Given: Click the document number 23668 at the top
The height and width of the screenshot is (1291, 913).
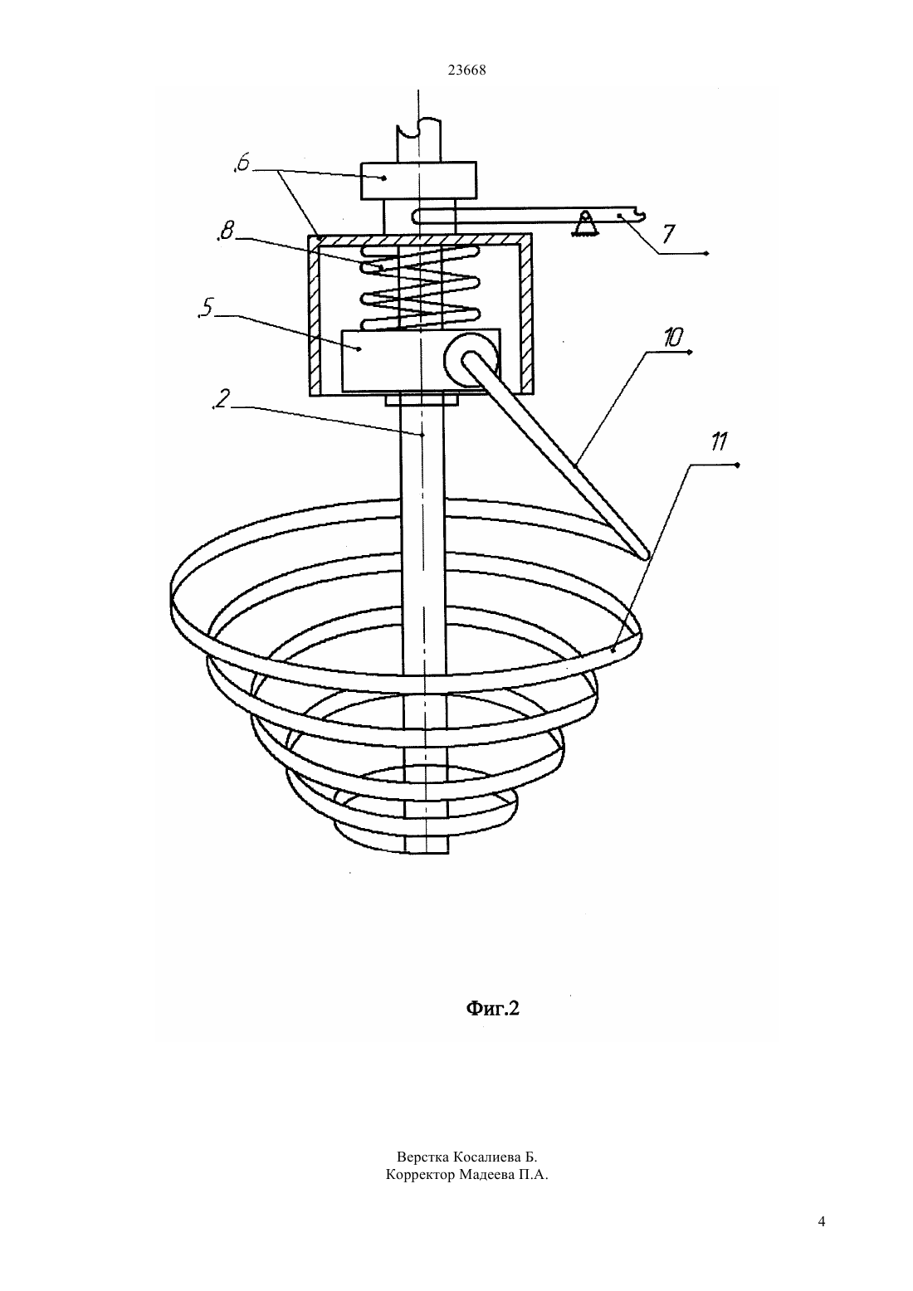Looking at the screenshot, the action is pyautogui.click(x=466, y=71).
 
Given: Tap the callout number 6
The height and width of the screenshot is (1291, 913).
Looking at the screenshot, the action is pyautogui.click(x=242, y=163).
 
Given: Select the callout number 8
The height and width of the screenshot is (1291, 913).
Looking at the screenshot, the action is pyautogui.click(x=225, y=231).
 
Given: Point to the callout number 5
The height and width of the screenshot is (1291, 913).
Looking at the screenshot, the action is pyautogui.click(x=205, y=309).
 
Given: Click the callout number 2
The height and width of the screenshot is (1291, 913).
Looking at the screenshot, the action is pyautogui.click(x=222, y=399).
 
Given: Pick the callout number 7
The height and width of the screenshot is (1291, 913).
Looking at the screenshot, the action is pyautogui.click(x=668, y=235).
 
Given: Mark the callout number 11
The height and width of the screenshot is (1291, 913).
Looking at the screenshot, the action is pyautogui.click(x=718, y=442).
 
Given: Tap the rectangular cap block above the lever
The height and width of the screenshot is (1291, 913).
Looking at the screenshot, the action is pyautogui.click(x=418, y=180).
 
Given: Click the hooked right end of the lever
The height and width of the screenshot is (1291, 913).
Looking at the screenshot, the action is pyautogui.click(x=637, y=215).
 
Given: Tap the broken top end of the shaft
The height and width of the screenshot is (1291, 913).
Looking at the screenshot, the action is pyautogui.click(x=418, y=129).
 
